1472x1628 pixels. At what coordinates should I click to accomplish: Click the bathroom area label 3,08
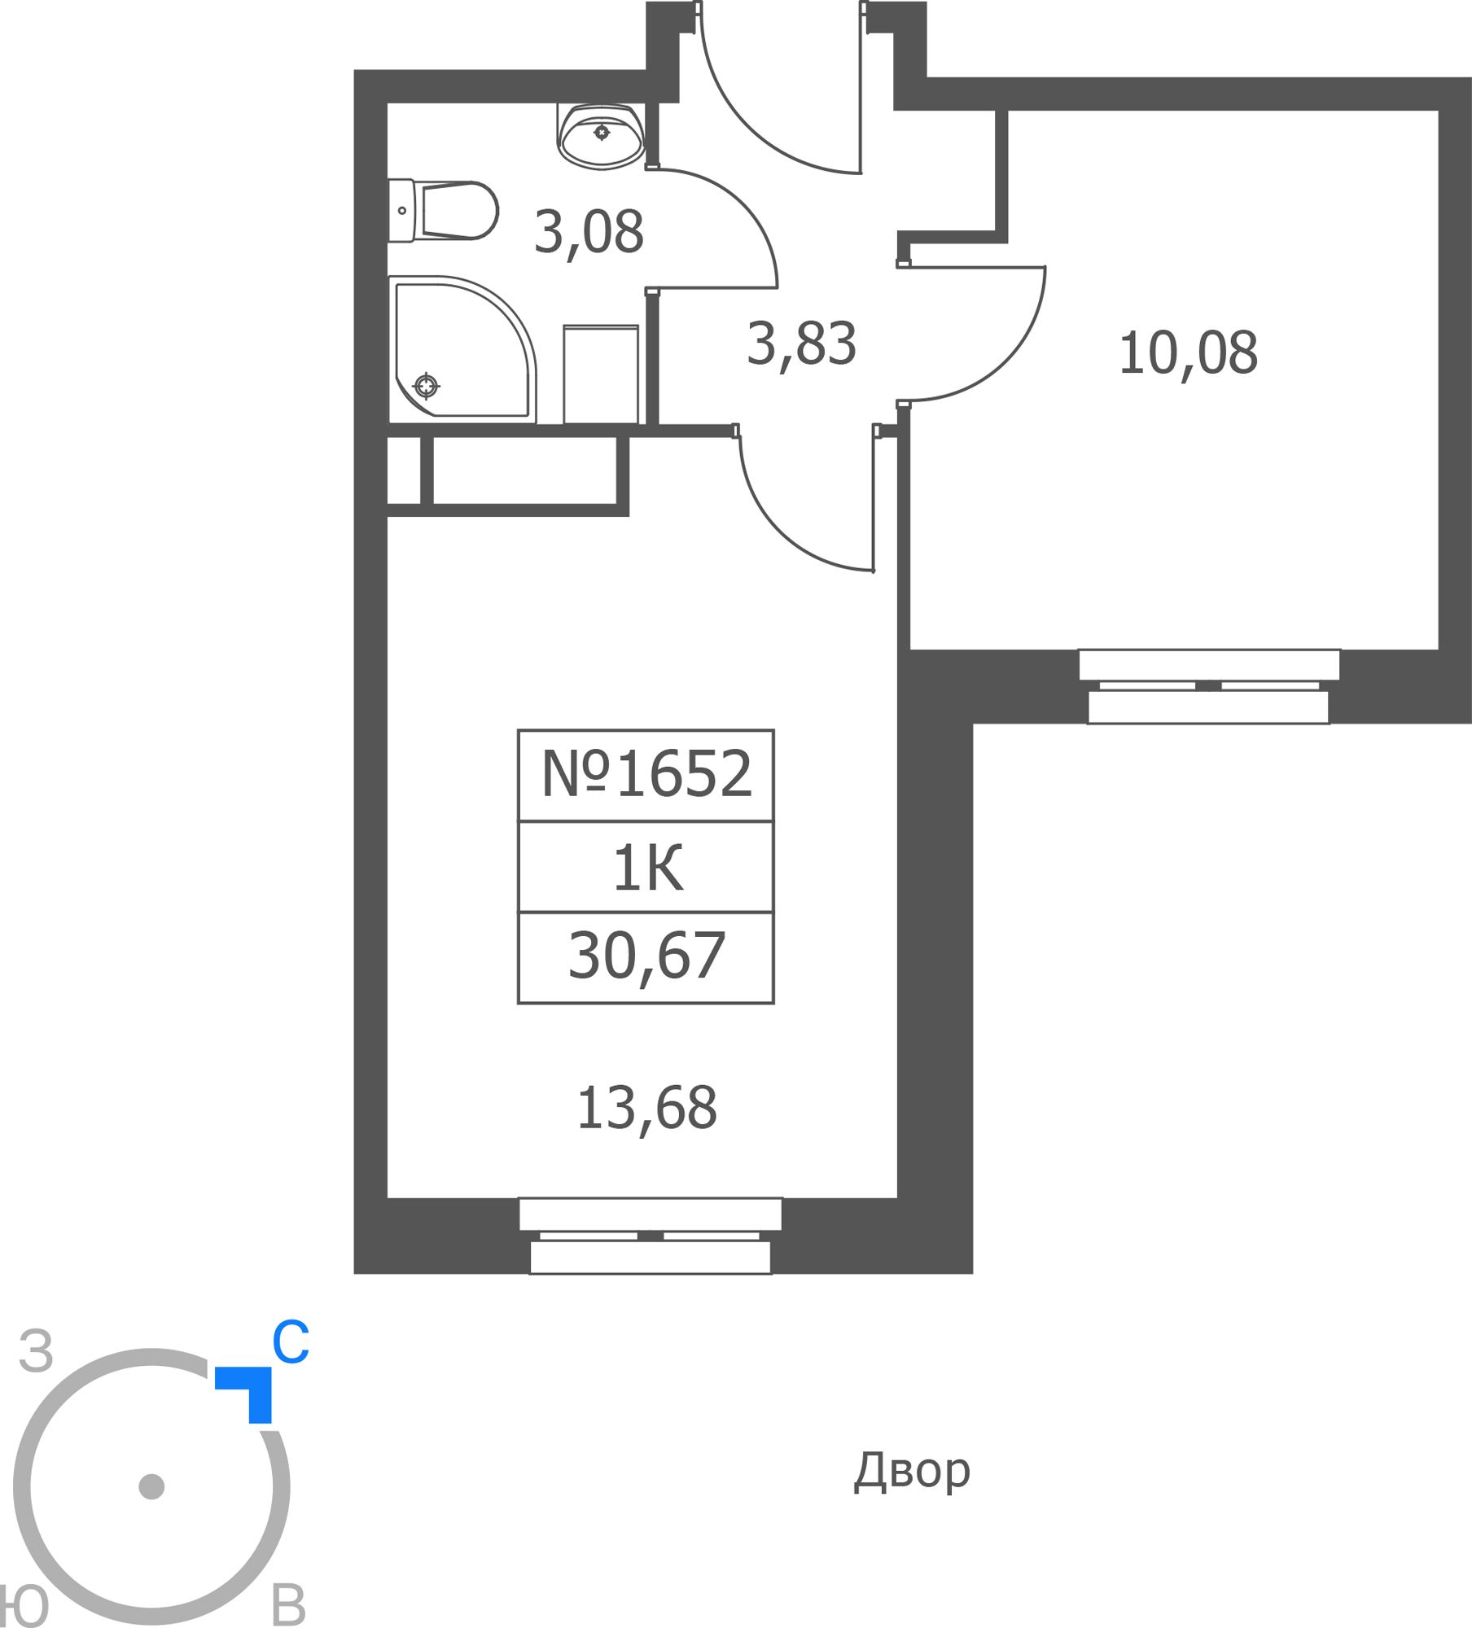[x=589, y=234]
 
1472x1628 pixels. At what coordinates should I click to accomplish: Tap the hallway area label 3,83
[x=801, y=345]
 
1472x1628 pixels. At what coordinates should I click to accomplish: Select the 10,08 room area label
[x=1188, y=354]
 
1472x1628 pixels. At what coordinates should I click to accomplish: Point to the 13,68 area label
[x=646, y=1109]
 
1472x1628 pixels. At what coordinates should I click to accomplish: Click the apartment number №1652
[x=646, y=774]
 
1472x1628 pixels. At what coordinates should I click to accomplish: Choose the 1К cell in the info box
[x=647, y=869]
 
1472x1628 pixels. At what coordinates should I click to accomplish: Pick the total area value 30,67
[x=646, y=957]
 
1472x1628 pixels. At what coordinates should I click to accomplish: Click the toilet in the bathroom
[x=443, y=211]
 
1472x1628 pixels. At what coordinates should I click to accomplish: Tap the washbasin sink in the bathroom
[x=601, y=137]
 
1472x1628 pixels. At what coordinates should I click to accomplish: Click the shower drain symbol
[x=426, y=386]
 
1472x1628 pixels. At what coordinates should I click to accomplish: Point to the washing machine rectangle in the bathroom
[x=601, y=374]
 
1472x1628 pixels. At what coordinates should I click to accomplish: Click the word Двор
[x=912, y=1471]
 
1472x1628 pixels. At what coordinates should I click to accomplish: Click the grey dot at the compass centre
[x=151, y=1486]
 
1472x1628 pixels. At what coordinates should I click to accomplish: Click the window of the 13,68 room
[x=651, y=1236]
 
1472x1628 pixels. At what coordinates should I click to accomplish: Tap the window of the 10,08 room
[x=1209, y=686]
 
